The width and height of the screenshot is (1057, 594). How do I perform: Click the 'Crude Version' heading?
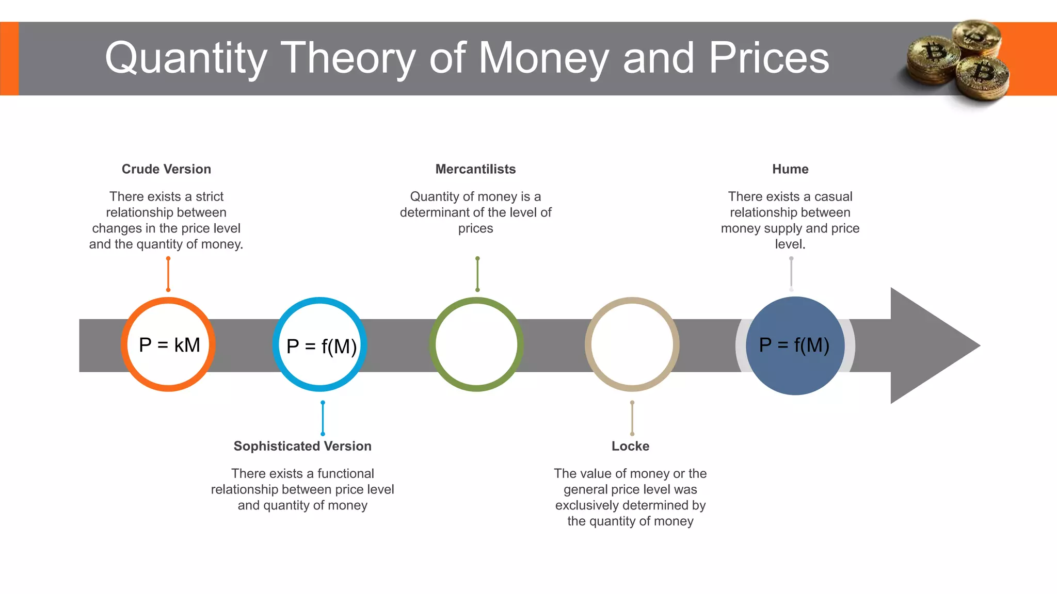[x=166, y=169]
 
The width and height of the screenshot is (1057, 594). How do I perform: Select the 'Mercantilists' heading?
[x=475, y=169]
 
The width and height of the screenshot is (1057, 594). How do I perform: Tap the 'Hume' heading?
[x=790, y=169]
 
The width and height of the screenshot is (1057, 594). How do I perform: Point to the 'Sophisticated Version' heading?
[x=302, y=446]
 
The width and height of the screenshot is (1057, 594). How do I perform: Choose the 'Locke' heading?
[x=630, y=446]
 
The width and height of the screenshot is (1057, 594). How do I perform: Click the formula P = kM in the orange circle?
[x=169, y=345]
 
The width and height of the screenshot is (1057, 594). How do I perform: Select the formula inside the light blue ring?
[x=321, y=346]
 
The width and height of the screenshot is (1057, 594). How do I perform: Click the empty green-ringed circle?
[x=476, y=344]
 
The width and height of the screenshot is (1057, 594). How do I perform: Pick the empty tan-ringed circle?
[x=632, y=344]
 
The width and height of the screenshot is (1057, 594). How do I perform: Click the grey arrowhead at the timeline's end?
[x=929, y=345]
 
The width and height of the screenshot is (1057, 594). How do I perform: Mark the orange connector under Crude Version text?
[x=168, y=274]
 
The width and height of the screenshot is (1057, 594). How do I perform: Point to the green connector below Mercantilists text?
[x=477, y=274]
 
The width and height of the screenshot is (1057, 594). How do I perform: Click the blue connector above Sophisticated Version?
[x=323, y=418]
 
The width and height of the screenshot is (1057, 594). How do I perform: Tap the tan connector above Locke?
[x=632, y=418]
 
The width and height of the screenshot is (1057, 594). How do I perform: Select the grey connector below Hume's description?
[x=791, y=274]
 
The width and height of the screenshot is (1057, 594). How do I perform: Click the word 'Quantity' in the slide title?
[x=186, y=58]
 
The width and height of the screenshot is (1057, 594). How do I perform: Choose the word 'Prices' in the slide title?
[x=768, y=58]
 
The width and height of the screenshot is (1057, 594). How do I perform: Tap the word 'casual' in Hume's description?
[x=833, y=196]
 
